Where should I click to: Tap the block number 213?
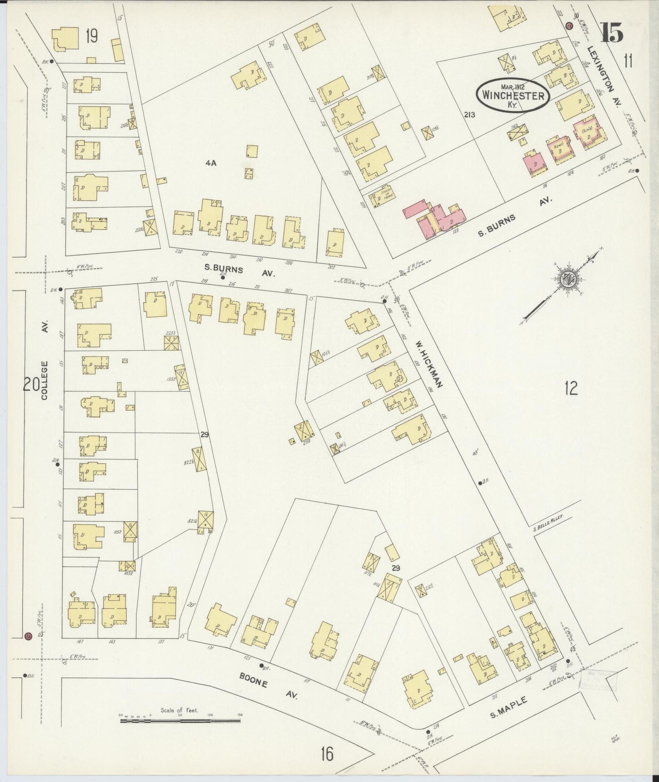[469, 115]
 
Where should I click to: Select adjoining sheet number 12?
[571, 388]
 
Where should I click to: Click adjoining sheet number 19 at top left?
[91, 36]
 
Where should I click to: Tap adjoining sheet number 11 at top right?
[628, 60]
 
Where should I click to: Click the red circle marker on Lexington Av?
[568, 26]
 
